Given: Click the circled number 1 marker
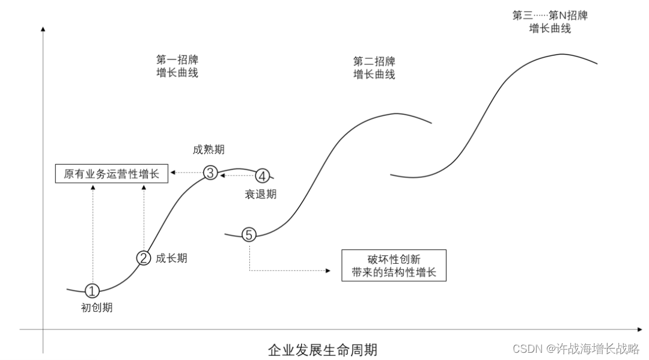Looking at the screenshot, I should click(x=91, y=291).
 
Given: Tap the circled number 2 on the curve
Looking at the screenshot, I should click(x=143, y=258).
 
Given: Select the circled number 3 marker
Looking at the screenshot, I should click(x=210, y=173).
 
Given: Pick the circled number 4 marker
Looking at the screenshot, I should click(x=263, y=176).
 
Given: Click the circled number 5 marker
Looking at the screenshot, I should click(x=249, y=235).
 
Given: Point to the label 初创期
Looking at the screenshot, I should click(x=97, y=308).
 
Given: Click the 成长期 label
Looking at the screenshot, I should click(x=171, y=258).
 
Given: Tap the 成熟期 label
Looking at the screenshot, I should click(x=209, y=150).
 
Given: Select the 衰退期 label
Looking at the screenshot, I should click(x=260, y=194).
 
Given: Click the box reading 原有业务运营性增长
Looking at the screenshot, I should click(x=112, y=174).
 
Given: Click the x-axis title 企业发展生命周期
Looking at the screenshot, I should click(x=323, y=350).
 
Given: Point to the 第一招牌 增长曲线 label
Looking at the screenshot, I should click(x=177, y=67).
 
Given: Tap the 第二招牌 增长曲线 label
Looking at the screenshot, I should click(x=374, y=68).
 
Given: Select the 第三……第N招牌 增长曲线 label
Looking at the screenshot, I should click(x=549, y=22).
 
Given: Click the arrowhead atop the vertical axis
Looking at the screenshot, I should click(x=43, y=28).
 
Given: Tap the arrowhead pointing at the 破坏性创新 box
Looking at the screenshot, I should click(x=328, y=271).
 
